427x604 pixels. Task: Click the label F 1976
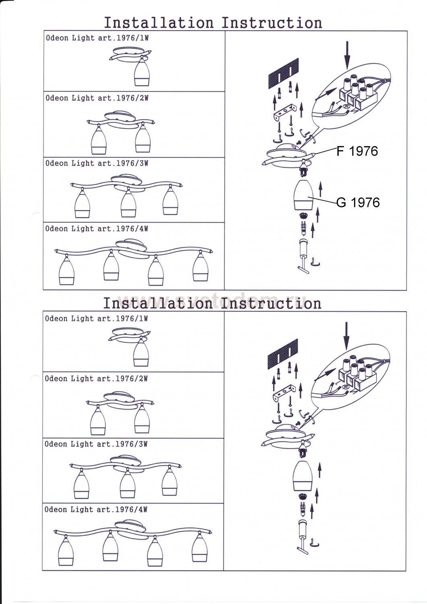(x=358, y=151)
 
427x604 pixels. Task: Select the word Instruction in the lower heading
(x=272, y=303)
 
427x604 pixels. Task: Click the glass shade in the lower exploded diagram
(x=306, y=475)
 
